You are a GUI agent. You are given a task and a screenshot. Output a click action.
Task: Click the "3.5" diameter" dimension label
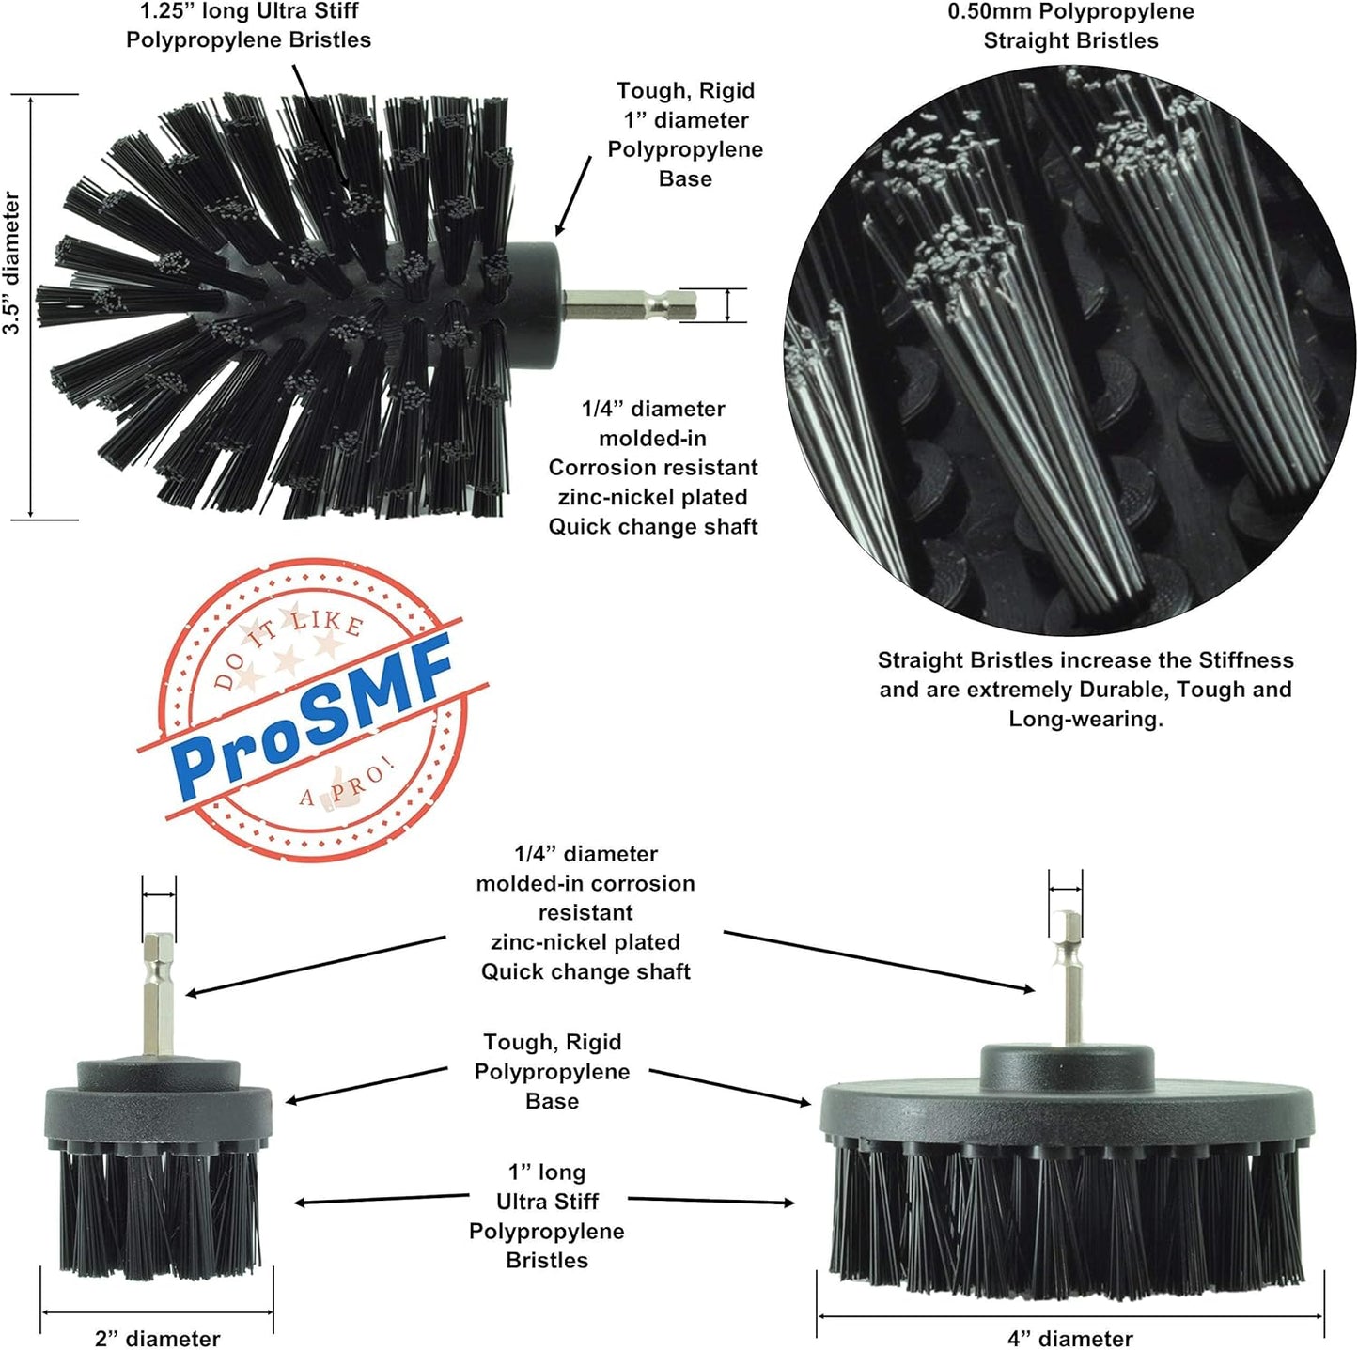[11, 263]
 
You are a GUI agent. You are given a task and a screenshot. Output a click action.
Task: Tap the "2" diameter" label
[157, 1338]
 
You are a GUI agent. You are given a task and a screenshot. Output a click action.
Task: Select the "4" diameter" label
[1069, 1338]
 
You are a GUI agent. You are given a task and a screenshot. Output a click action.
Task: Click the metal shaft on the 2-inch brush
[159, 996]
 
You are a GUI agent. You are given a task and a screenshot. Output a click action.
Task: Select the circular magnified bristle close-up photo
[1069, 352]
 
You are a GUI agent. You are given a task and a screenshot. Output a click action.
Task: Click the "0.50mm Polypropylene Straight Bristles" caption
[1070, 26]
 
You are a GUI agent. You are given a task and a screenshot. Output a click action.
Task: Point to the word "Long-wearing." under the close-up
[1085, 719]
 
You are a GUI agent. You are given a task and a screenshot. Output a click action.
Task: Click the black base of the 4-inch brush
[1067, 1109]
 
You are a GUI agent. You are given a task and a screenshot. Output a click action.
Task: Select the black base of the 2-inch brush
[159, 1111]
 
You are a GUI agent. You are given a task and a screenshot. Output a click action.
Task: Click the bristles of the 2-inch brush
[159, 1212]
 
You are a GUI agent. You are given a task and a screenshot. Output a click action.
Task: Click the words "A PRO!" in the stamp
[348, 785]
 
